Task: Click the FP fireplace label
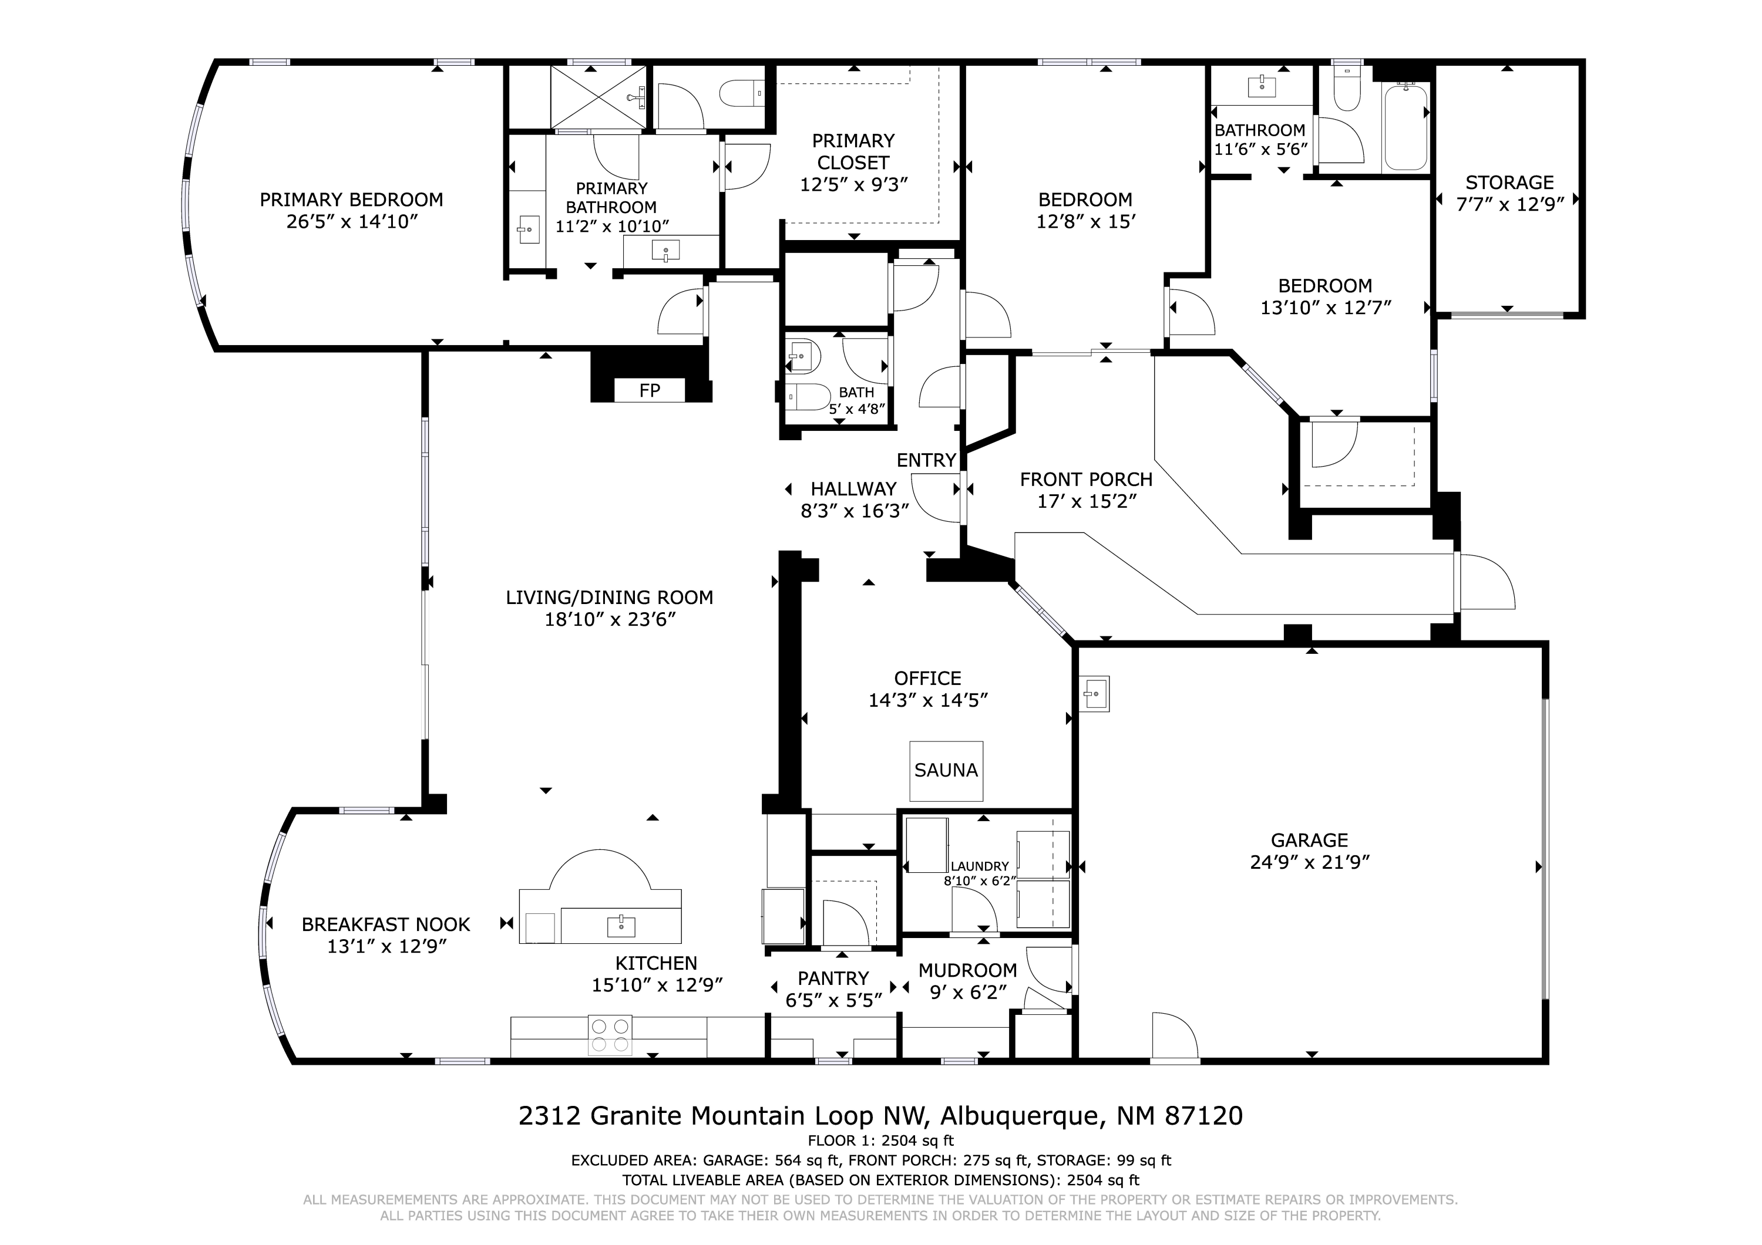tap(649, 390)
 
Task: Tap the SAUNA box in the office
tap(946, 771)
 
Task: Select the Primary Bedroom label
tap(351, 200)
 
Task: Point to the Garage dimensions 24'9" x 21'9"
tap(1310, 862)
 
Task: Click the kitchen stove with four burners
tap(610, 1035)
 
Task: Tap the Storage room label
tap(1509, 183)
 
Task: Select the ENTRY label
tap(926, 460)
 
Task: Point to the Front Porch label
tap(1086, 480)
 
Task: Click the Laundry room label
tap(980, 866)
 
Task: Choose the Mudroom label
tap(968, 970)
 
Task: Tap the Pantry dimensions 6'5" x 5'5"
tap(833, 1000)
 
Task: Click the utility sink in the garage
tap(1094, 694)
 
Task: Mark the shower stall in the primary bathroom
tap(598, 97)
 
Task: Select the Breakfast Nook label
tap(386, 925)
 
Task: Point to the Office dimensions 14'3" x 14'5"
tap(928, 700)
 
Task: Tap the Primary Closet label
tap(853, 152)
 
